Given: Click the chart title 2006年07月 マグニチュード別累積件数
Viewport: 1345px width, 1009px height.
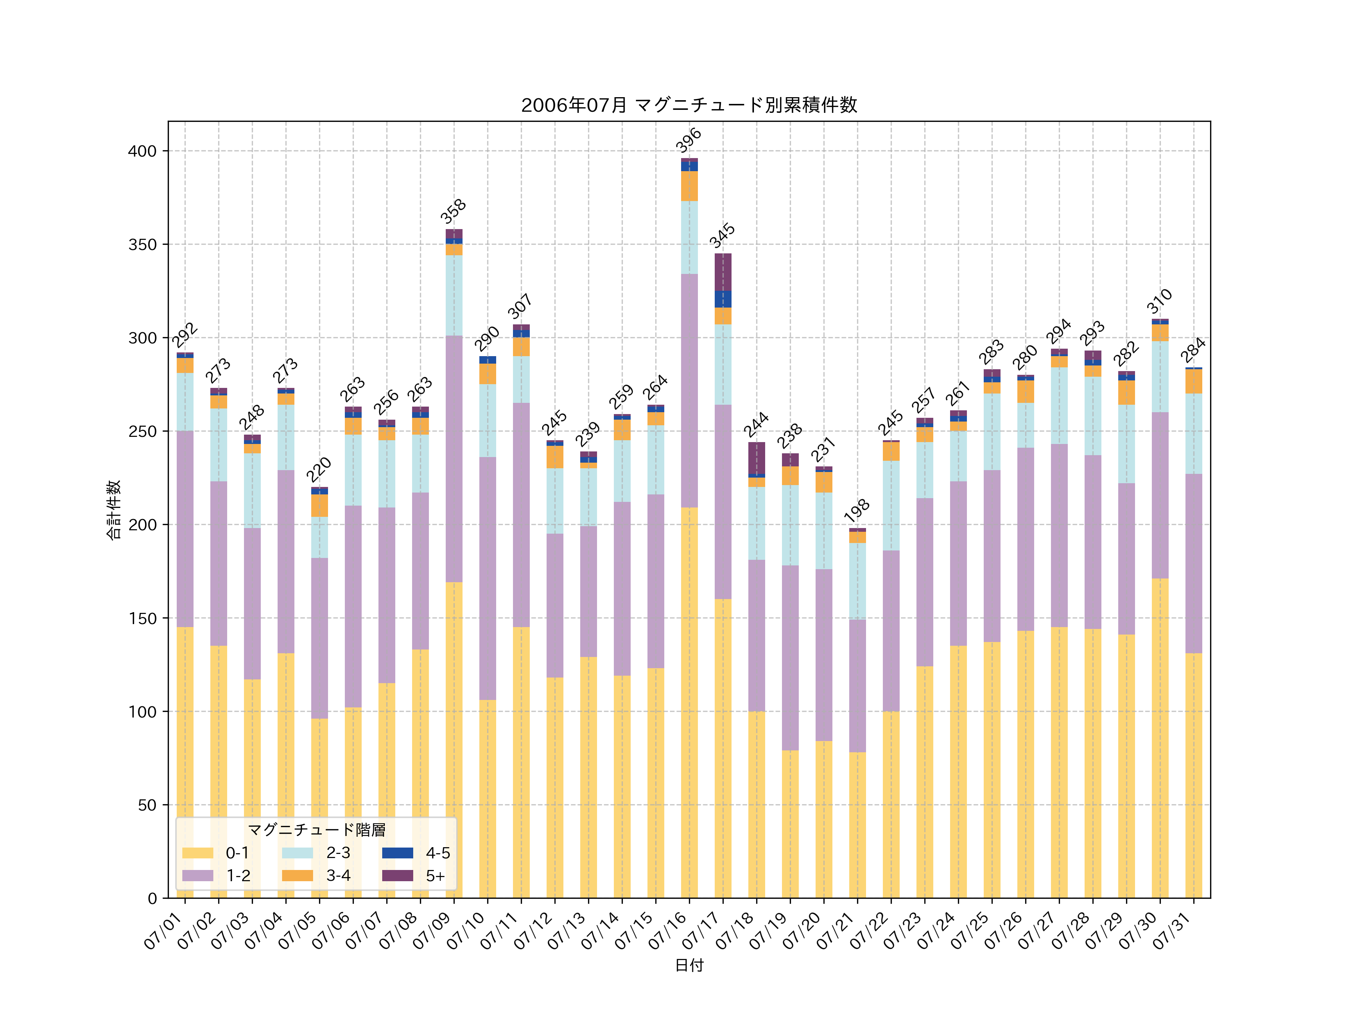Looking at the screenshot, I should [689, 105].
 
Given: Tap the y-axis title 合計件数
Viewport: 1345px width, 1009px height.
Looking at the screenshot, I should [114, 510].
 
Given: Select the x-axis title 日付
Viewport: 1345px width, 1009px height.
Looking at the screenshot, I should [689, 965].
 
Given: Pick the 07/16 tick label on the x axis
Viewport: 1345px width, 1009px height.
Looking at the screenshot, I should [669, 931].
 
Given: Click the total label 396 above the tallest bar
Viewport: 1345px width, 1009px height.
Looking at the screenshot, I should [689, 140].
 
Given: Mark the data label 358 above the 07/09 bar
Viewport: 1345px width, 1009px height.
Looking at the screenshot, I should [454, 211].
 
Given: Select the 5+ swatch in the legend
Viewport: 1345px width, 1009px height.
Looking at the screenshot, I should [398, 876].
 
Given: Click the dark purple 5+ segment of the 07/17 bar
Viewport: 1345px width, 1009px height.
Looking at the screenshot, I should [723, 272].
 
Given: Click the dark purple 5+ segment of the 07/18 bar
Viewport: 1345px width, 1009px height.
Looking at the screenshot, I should [757, 457].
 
